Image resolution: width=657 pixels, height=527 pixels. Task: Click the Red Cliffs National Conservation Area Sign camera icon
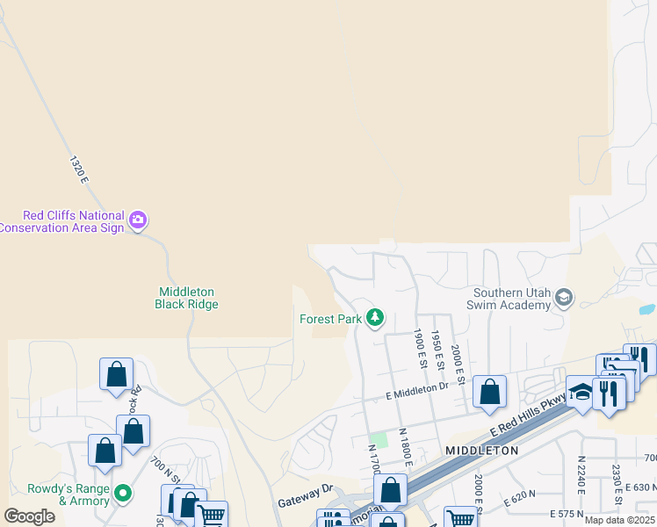(138, 220)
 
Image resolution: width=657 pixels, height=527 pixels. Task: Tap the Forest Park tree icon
(376, 317)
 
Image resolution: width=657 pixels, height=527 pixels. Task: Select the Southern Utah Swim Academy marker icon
(564, 300)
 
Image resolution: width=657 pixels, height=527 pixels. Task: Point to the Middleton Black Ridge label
(186, 298)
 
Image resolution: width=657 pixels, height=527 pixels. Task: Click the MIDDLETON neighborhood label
(482, 450)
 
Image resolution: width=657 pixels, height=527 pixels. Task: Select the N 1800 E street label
(404, 446)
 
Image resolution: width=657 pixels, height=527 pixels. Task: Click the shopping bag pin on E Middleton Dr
(489, 392)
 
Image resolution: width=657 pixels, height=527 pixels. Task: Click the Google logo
(29, 516)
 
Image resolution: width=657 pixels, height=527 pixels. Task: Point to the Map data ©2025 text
(620, 520)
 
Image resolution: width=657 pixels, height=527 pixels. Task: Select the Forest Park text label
(330, 320)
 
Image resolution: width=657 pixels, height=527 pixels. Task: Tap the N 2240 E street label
(581, 474)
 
